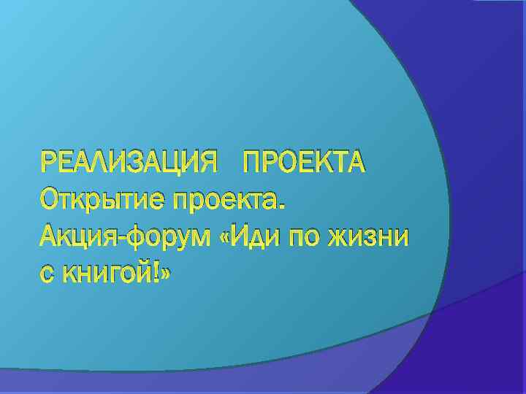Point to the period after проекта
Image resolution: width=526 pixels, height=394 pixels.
(283, 206)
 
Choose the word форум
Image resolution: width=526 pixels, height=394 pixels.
(170, 238)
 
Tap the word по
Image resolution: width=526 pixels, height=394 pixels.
(310, 238)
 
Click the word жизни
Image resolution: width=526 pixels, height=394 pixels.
(372, 238)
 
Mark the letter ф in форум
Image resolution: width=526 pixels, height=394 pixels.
(143, 238)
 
